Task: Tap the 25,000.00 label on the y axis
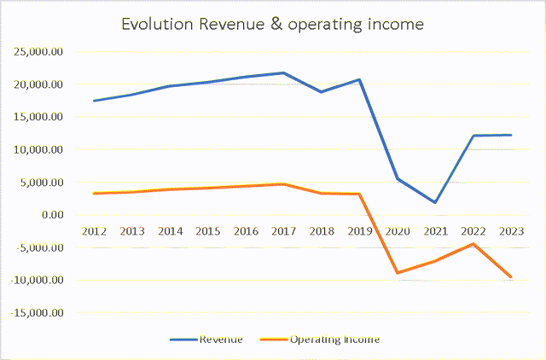click(41, 51)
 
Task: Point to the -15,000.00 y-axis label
click(38, 313)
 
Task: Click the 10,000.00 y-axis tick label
click(41, 149)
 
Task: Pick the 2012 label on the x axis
click(94, 231)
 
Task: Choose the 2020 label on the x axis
click(398, 231)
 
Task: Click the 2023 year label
click(511, 231)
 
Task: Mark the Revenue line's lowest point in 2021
click(435, 202)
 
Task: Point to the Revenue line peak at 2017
click(283, 73)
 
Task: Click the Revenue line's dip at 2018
click(322, 91)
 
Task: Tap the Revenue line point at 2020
click(398, 178)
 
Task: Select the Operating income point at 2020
click(398, 273)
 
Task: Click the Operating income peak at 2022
click(473, 244)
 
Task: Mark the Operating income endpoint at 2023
click(511, 277)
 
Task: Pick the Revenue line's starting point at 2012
click(94, 101)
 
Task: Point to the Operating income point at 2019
click(359, 194)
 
